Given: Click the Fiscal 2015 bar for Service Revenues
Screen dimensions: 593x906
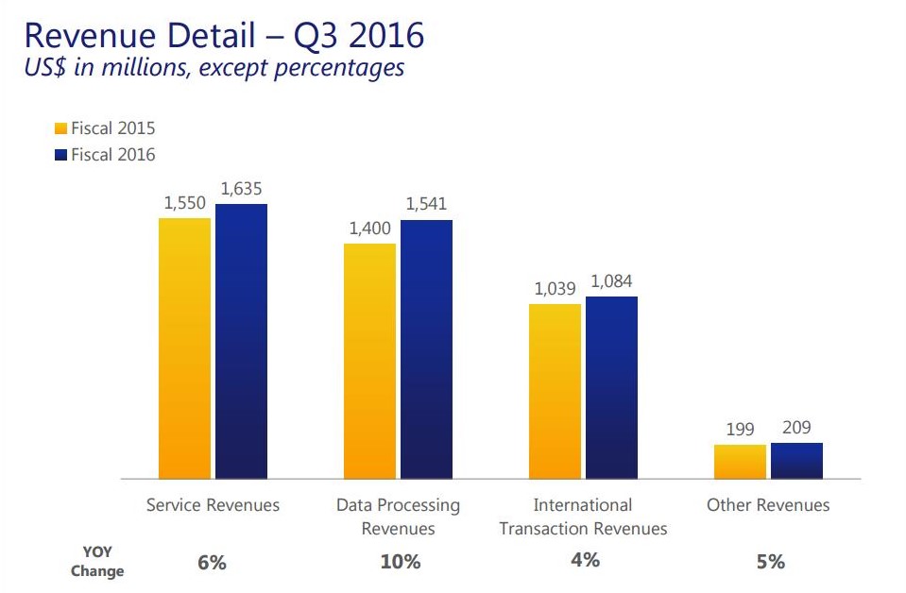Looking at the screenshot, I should click(x=184, y=348).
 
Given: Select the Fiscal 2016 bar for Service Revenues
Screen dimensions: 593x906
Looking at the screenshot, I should click(x=241, y=341).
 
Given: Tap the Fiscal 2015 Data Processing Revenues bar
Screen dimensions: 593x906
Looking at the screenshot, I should click(x=369, y=361).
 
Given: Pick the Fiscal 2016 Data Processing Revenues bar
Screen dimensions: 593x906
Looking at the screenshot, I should click(x=426, y=349).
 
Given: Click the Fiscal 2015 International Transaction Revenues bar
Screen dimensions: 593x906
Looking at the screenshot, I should click(x=555, y=391).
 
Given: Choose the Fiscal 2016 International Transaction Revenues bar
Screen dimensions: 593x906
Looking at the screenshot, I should click(x=611, y=387).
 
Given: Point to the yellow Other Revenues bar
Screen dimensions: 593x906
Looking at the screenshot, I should click(x=740, y=462).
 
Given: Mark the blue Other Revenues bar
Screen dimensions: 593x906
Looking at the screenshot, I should click(x=796, y=461).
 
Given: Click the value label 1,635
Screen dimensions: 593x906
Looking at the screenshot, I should click(x=243, y=189).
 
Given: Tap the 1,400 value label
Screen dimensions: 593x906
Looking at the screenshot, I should click(x=369, y=229).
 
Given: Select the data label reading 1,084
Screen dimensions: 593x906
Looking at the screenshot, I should click(x=612, y=281).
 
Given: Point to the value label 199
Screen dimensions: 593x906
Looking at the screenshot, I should click(x=741, y=430).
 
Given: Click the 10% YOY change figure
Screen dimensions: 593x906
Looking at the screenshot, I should click(x=401, y=562).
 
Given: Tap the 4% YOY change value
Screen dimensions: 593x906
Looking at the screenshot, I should click(x=585, y=560).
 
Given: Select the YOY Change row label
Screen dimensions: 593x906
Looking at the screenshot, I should click(x=97, y=561).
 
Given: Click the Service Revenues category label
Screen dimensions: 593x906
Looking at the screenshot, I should click(x=213, y=505).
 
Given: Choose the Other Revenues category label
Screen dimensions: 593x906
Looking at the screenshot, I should click(x=768, y=505).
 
